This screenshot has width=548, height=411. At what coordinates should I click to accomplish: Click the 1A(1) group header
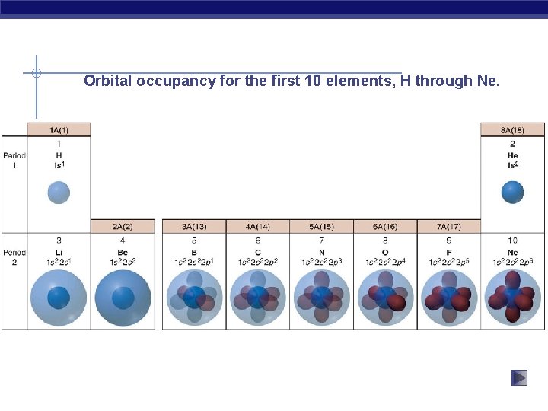point(59,130)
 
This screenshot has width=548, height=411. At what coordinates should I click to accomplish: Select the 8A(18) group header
point(512,130)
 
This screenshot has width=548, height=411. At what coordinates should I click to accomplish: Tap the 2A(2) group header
point(123,227)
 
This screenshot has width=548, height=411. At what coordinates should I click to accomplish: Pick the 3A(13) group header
point(193,227)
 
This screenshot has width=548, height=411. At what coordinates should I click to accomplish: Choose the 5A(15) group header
point(321,227)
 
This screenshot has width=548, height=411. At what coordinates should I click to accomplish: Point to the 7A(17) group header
point(449,227)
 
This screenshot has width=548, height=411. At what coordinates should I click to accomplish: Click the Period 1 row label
point(14,161)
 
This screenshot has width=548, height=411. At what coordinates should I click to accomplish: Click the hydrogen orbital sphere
point(59,192)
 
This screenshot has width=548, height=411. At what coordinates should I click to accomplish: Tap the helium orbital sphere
point(512,192)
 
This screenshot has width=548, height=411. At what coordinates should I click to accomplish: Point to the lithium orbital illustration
point(59,298)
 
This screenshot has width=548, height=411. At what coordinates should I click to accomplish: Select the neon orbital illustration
point(512,298)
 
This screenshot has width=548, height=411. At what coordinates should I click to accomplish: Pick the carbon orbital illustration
point(257,298)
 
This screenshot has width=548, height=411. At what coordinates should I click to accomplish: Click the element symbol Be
point(123,252)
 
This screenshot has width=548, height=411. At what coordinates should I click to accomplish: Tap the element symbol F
point(449,252)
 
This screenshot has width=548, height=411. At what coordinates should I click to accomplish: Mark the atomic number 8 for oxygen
point(385,241)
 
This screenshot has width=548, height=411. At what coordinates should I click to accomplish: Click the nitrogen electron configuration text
point(321,263)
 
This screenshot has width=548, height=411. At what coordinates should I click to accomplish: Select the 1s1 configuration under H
point(59,165)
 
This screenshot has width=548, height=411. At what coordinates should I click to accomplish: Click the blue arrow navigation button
point(519,378)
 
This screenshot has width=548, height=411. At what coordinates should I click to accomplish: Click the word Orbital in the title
point(108,81)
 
